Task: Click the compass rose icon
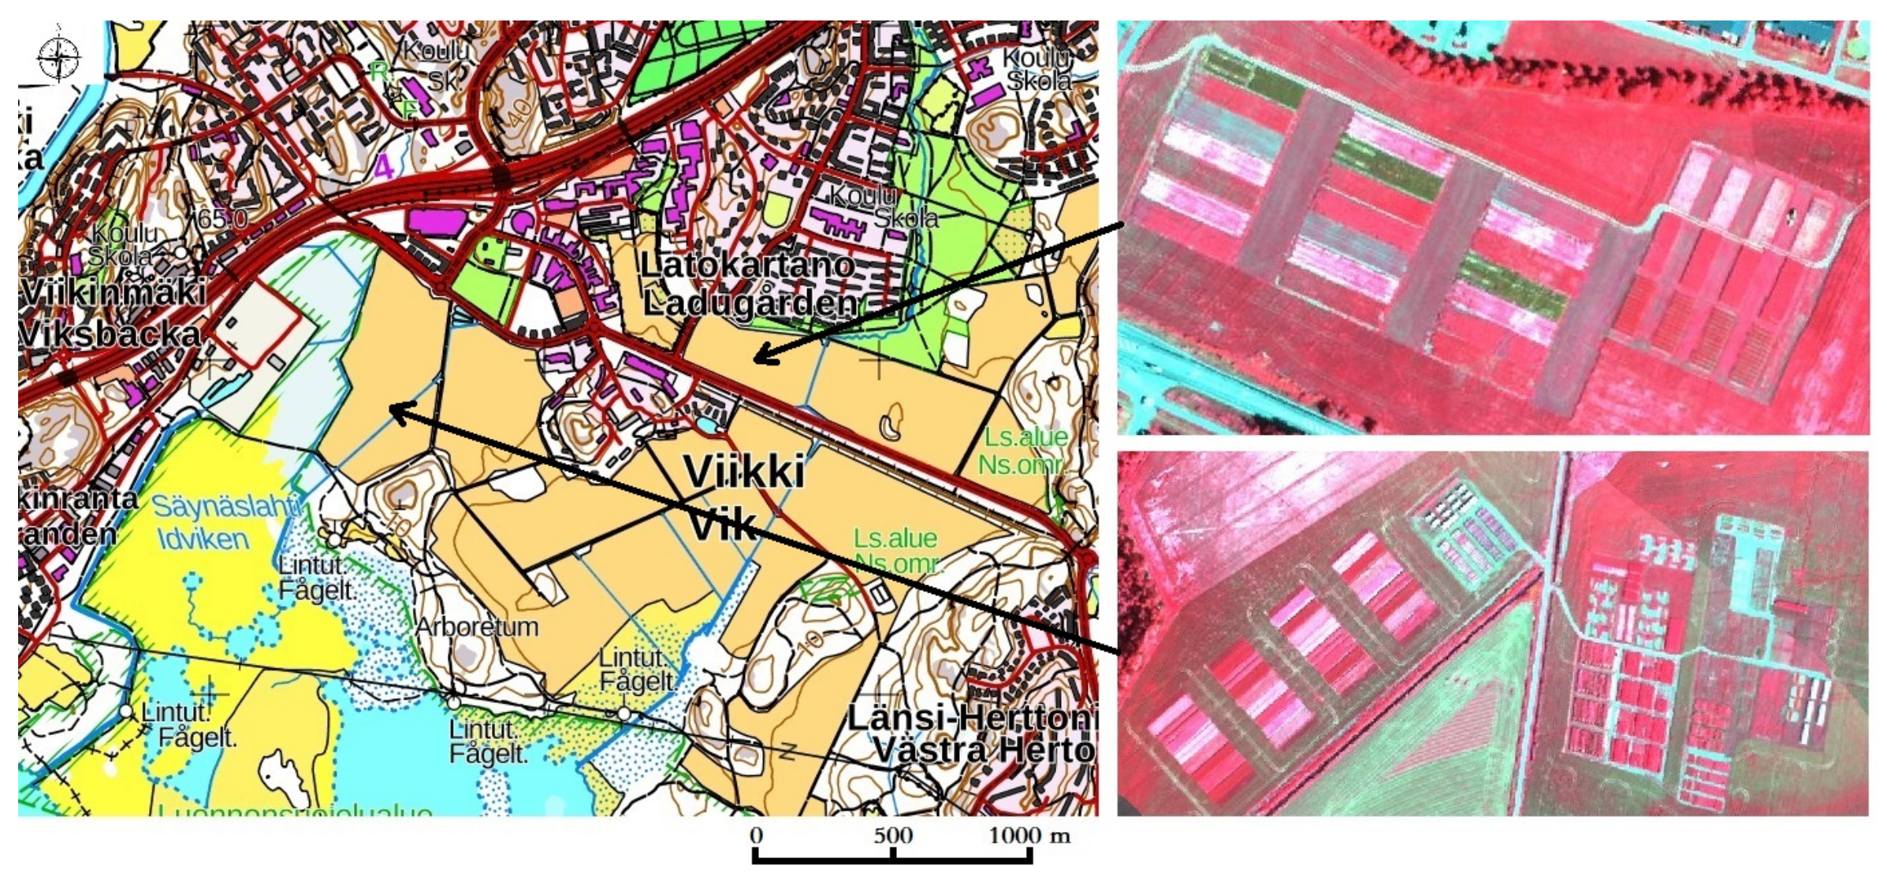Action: point(58,58)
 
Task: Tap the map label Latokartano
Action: point(746,265)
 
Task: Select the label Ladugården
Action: point(750,303)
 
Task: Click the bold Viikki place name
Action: point(743,472)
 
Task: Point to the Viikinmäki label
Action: point(113,292)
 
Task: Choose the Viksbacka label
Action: point(110,334)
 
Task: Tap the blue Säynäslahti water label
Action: point(225,506)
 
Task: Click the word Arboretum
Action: point(477,627)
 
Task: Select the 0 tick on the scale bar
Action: point(756,836)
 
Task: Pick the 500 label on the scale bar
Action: point(892,836)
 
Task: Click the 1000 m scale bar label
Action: point(1029,836)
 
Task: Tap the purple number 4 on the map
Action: point(384,168)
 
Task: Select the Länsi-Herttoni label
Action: point(972,717)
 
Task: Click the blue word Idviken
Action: point(203,540)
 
